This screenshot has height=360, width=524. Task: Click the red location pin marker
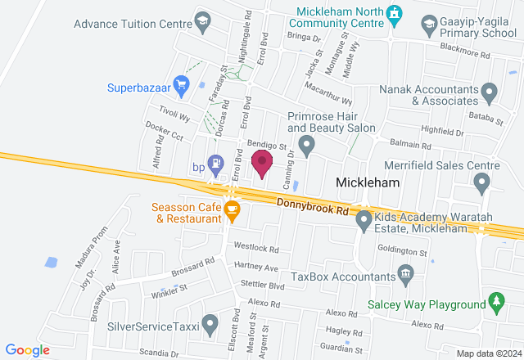pyautogui.click(x=262, y=163)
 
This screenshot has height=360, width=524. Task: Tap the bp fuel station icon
pyautogui.click(x=215, y=164)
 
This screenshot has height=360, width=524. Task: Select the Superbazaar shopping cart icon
pyautogui.click(x=181, y=84)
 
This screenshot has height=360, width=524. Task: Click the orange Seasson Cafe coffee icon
pyautogui.click(x=232, y=212)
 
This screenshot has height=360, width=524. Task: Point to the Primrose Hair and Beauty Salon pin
pyautogui.click(x=307, y=147)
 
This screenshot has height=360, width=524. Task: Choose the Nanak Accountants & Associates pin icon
pyautogui.click(x=489, y=92)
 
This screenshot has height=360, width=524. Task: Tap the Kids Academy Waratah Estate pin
pyautogui.click(x=364, y=219)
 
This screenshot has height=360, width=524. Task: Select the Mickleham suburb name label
pyautogui.click(x=368, y=183)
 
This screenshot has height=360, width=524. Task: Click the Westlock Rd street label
pyautogui.click(x=256, y=247)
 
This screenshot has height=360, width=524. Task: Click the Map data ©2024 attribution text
pyautogui.click(x=487, y=353)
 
